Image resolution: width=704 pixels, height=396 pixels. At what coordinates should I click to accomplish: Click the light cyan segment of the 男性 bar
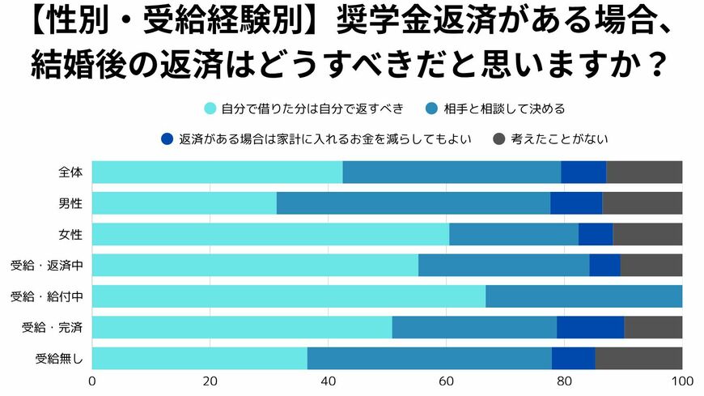(184, 203)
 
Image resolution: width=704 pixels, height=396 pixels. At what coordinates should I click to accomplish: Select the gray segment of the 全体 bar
(644, 172)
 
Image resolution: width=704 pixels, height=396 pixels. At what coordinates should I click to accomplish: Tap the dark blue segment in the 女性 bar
(596, 234)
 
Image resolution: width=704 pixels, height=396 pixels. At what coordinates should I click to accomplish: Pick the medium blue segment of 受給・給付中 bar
(583, 296)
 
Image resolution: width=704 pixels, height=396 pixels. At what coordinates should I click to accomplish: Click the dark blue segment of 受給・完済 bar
(590, 327)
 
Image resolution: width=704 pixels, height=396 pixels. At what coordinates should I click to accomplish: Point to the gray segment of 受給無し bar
(638, 358)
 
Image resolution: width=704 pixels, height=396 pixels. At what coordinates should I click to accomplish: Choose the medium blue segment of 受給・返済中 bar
(503, 266)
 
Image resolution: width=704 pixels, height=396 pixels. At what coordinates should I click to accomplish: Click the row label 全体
(70, 172)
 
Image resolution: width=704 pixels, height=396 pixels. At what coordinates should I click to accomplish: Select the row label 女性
(70, 234)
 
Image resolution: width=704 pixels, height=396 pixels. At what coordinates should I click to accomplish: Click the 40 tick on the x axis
(329, 381)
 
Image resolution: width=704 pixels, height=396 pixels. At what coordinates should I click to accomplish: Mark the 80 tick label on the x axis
(565, 381)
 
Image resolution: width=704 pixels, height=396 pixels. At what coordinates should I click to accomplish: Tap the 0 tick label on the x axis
(92, 381)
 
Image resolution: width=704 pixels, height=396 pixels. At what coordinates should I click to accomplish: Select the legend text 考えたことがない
(560, 139)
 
